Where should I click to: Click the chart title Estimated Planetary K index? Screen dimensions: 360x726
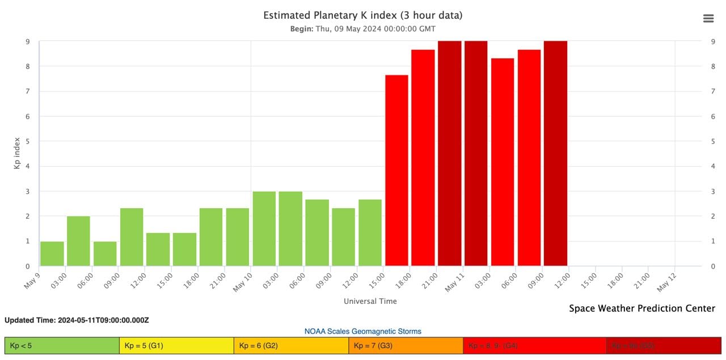[362, 15]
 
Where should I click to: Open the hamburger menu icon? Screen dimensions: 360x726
[708, 18]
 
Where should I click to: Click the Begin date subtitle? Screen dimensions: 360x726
[362, 29]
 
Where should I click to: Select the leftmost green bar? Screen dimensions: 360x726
[52, 253]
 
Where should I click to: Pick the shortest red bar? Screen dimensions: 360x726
[396, 170]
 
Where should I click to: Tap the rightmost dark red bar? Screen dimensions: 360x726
[555, 153]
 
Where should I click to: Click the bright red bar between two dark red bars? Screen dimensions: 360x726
[503, 162]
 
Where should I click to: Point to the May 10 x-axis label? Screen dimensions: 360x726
[243, 281]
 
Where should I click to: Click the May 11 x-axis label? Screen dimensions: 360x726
[455, 281]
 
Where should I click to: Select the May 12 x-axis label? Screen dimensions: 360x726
[668, 281]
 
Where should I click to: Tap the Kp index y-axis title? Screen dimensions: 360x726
[17, 153]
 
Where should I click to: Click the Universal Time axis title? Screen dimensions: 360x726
[370, 301]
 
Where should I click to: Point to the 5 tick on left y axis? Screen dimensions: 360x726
[28, 141]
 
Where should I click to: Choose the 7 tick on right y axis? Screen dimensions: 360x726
[713, 91]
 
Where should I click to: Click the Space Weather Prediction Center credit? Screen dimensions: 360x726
[642, 308]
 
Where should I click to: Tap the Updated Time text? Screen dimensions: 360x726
[77, 320]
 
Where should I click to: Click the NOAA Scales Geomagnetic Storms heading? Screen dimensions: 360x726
[362, 331]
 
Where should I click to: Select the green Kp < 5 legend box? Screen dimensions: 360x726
[62, 345]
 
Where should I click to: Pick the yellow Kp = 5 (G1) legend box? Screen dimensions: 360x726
[176, 345]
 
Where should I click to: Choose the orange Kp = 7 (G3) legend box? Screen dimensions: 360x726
[406, 345]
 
